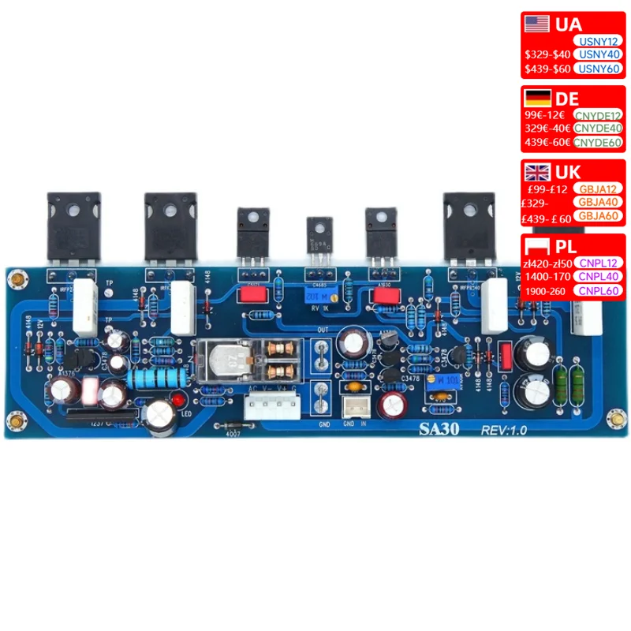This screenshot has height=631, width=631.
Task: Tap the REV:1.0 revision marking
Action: [505, 430]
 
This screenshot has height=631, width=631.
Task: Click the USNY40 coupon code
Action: [600, 54]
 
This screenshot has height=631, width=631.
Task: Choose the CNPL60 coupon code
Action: [600, 291]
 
